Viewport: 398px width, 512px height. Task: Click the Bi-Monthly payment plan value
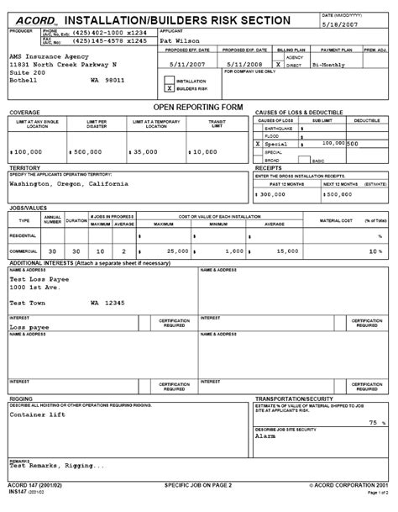(x=330, y=63)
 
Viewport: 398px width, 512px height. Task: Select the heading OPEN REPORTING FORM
(x=199, y=108)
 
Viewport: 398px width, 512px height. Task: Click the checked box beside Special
(x=258, y=145)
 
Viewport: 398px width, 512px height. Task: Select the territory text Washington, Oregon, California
(x=69, y=182)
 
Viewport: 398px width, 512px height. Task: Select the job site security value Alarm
(x=265, y=437)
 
